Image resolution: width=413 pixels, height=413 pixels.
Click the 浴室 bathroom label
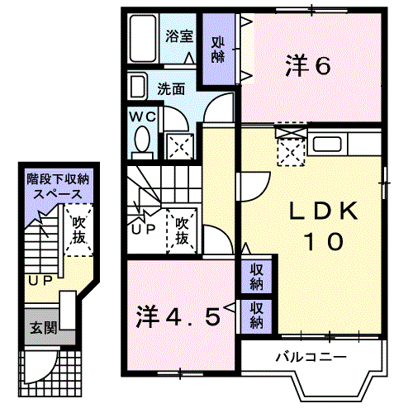point(178,36)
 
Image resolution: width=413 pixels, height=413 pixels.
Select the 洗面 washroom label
point(171,88)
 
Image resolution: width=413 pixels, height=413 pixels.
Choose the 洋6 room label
point(309,65)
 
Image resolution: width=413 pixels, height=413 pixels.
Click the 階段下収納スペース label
point(56,185)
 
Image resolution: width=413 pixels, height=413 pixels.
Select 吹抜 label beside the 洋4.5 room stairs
point(184,230)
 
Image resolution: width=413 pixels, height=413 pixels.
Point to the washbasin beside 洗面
point(137,86)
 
